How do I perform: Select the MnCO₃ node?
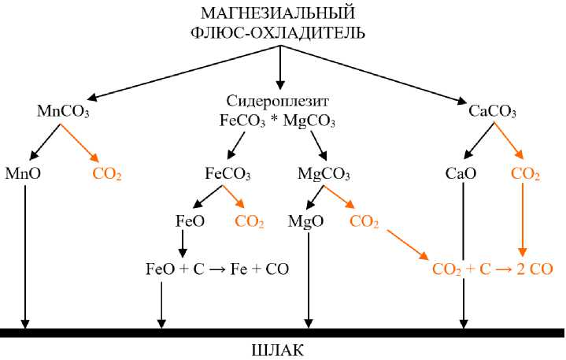(63, 112)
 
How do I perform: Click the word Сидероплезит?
(276, 102)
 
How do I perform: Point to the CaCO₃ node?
(492, 112)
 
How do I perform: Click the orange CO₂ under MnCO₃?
(107, 174)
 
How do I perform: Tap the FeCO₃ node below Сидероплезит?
(228, 174)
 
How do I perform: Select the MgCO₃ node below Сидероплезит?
(324, 174)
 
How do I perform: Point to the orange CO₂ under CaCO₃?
(526, 174)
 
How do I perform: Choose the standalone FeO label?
(190, 221)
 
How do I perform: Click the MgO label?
(307, 221)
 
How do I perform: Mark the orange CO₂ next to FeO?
(250, 222)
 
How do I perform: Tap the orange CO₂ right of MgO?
(364, 222)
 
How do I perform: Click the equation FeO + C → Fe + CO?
(217, 269)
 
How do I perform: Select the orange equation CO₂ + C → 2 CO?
(493, 269)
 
